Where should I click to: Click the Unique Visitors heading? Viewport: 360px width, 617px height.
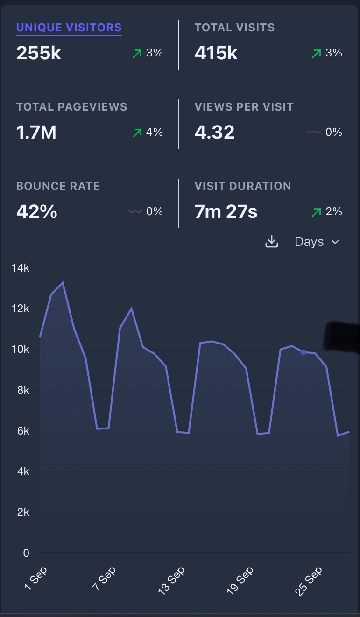pyautogui.click(x=69, y=28)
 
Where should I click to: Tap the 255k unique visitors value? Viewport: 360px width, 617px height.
pyautogui.click(x=39, y=53)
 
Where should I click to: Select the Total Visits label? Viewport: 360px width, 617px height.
pyautogui.click(x=234, y=28)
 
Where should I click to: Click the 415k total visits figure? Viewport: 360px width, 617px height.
pyautogui.click(x=216, y=53)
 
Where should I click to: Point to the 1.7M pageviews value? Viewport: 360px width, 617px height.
pyautogui.click(x=36, y=133)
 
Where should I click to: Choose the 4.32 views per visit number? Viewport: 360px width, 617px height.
pyautogui.click(x=214, y=133)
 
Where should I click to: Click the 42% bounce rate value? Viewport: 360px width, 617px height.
pyautogui.click(x=36, y=212)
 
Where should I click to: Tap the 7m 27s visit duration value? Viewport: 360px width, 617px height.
pyautogui.click(x=226, y=212)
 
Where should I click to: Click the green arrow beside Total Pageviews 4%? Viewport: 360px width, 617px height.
pyautogui.click(x=137, y=133)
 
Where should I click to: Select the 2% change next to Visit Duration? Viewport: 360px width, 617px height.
pyautogui.click(x=334, y=212)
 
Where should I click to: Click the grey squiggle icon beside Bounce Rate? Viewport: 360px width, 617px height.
pyautogui.click(x=134, y=211)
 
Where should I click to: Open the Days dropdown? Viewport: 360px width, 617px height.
pyautogui.click(x=316, y=242)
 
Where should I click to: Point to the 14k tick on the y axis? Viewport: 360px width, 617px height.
pyautogui.click(x=21, y=268)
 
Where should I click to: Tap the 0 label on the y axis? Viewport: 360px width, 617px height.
pyautogui.click(x=26, y=553)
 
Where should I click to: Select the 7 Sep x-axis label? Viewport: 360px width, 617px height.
pyautogui.click(x=105, y=579)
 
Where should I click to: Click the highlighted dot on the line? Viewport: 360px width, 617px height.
pyautogui.click(x=304, y=352)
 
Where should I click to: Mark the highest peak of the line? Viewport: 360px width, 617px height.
pyautogui.click(x=63, y=282)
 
